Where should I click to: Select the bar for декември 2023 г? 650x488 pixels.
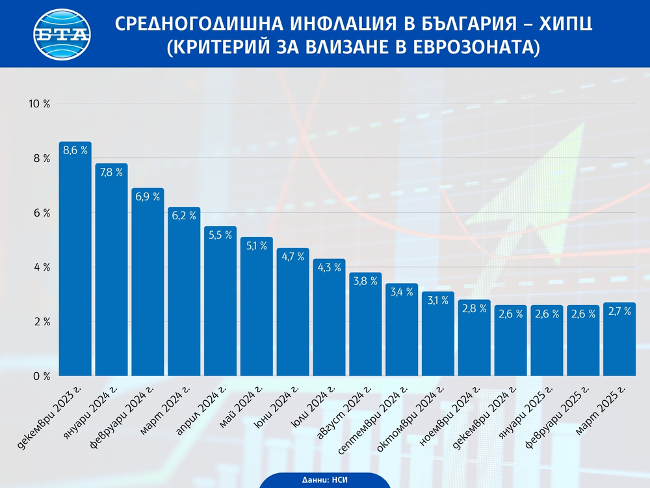coord(75,260)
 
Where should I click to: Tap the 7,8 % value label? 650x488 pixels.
coord(111,173)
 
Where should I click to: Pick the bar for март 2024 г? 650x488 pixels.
coord(184,293)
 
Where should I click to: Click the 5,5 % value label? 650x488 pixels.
coord(220,236)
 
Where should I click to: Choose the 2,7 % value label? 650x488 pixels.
coord(619,312)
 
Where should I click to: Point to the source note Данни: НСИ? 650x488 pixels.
coord(325,480)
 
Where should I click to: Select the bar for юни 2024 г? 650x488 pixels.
coord(292,312)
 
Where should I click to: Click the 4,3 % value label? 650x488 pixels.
coord(329,268)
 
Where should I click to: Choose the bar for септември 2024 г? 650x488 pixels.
coord(402,332)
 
